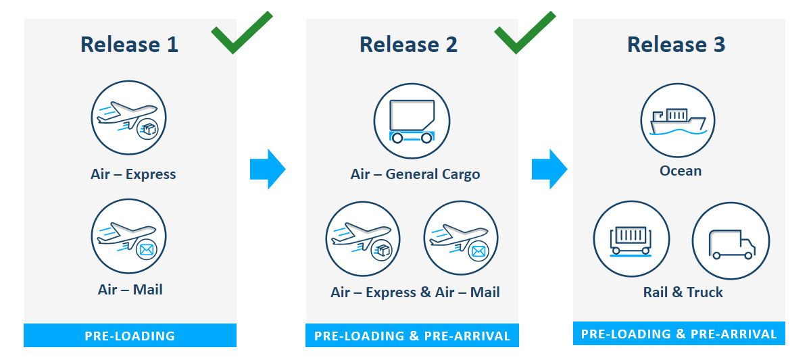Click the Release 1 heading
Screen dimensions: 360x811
[129, 45]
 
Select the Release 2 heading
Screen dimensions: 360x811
[408, 45]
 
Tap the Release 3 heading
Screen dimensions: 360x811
[676, 45]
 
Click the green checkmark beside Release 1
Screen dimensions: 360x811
[240, 32]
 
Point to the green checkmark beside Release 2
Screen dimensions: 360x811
[523, 32]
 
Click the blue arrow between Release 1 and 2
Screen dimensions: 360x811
[268, 169]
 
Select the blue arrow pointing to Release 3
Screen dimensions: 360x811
[549, 169]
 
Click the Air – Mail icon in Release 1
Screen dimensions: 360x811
[129, 236]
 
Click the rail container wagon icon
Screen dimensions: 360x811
[631, 240]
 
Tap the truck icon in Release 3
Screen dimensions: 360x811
[731, 240]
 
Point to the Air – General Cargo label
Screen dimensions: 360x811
[415, 174]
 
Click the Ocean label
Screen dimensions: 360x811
[681, 171]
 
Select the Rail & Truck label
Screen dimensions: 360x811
[683, 292]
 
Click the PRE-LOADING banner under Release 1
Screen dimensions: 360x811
[130, 336]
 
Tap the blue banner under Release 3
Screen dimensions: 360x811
[679, 334]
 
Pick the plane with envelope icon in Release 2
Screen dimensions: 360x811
[461, 239]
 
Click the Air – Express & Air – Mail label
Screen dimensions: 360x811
[415, 292]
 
